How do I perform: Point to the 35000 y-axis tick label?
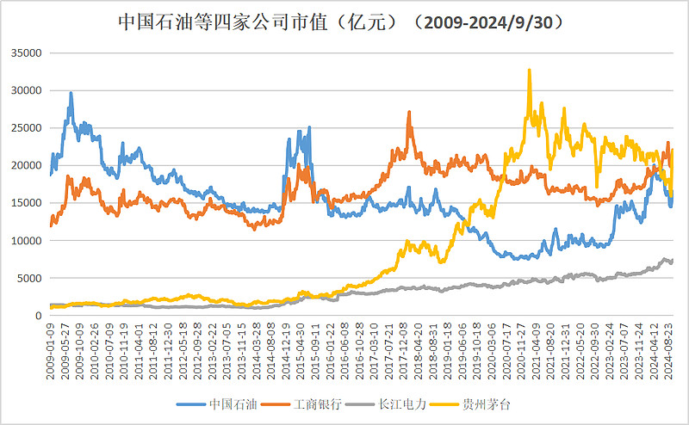[x=26, y=52]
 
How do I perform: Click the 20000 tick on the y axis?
[x=26, y=165]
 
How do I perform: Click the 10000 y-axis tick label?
[x=26, y=241]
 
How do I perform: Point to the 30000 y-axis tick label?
[x=26, y=90]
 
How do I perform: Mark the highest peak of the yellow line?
[x=530, y=70]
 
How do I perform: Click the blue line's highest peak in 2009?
[x=71, y=93]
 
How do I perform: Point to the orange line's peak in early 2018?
[x=409, y=111]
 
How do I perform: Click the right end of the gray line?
[x=673, y=260]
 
